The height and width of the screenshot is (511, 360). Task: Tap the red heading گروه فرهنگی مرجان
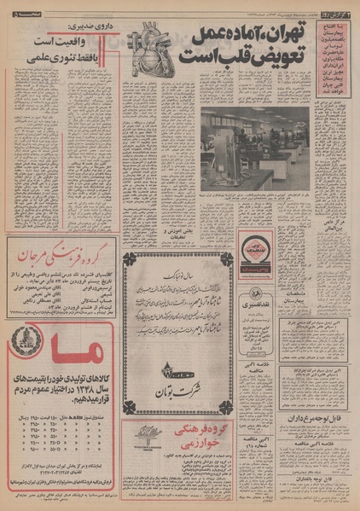(61, 254)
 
